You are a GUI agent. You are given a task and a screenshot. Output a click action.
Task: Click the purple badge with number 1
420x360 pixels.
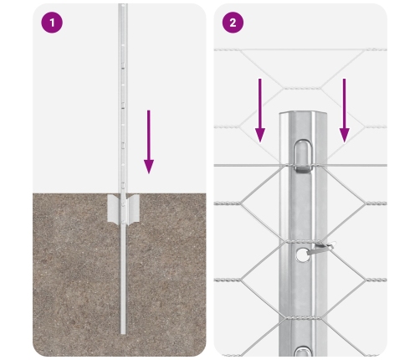click(52, 23)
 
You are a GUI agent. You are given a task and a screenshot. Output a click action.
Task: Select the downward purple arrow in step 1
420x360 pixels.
click(149, 138)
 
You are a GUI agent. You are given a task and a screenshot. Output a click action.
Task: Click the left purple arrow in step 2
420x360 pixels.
click(260, 109)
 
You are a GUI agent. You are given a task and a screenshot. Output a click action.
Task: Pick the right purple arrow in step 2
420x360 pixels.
click(344, 109)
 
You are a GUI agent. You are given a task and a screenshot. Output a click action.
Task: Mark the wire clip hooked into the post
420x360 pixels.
click(319, 247)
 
